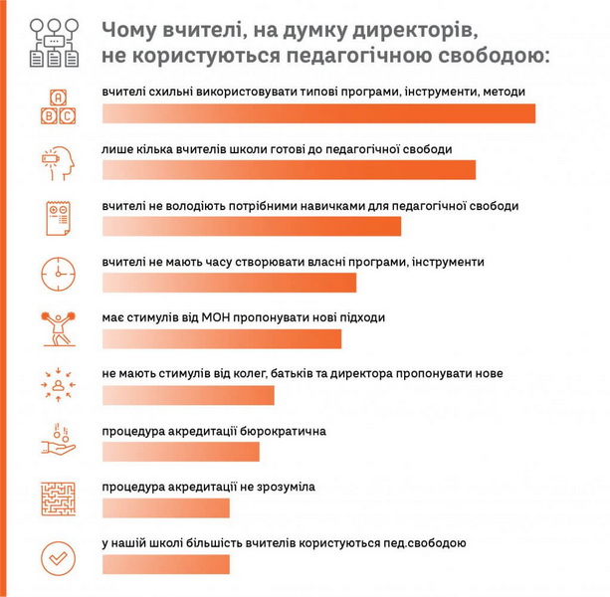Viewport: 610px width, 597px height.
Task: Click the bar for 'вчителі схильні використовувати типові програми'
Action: point(318,113)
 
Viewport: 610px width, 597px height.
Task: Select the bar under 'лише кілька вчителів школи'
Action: point(289,170)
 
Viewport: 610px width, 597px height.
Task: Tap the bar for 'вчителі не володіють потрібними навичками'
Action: point(252,226)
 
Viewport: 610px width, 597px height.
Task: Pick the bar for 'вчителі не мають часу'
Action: point(229,283)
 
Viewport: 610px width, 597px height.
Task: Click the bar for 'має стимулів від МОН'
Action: point(222,339)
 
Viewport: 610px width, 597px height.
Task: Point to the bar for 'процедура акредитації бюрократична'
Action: point(180,452)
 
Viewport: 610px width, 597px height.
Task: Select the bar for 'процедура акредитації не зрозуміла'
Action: point(165,508)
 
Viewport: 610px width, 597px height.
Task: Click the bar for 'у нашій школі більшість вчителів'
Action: point(165,564)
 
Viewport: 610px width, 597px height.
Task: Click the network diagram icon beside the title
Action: point(56,40)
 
